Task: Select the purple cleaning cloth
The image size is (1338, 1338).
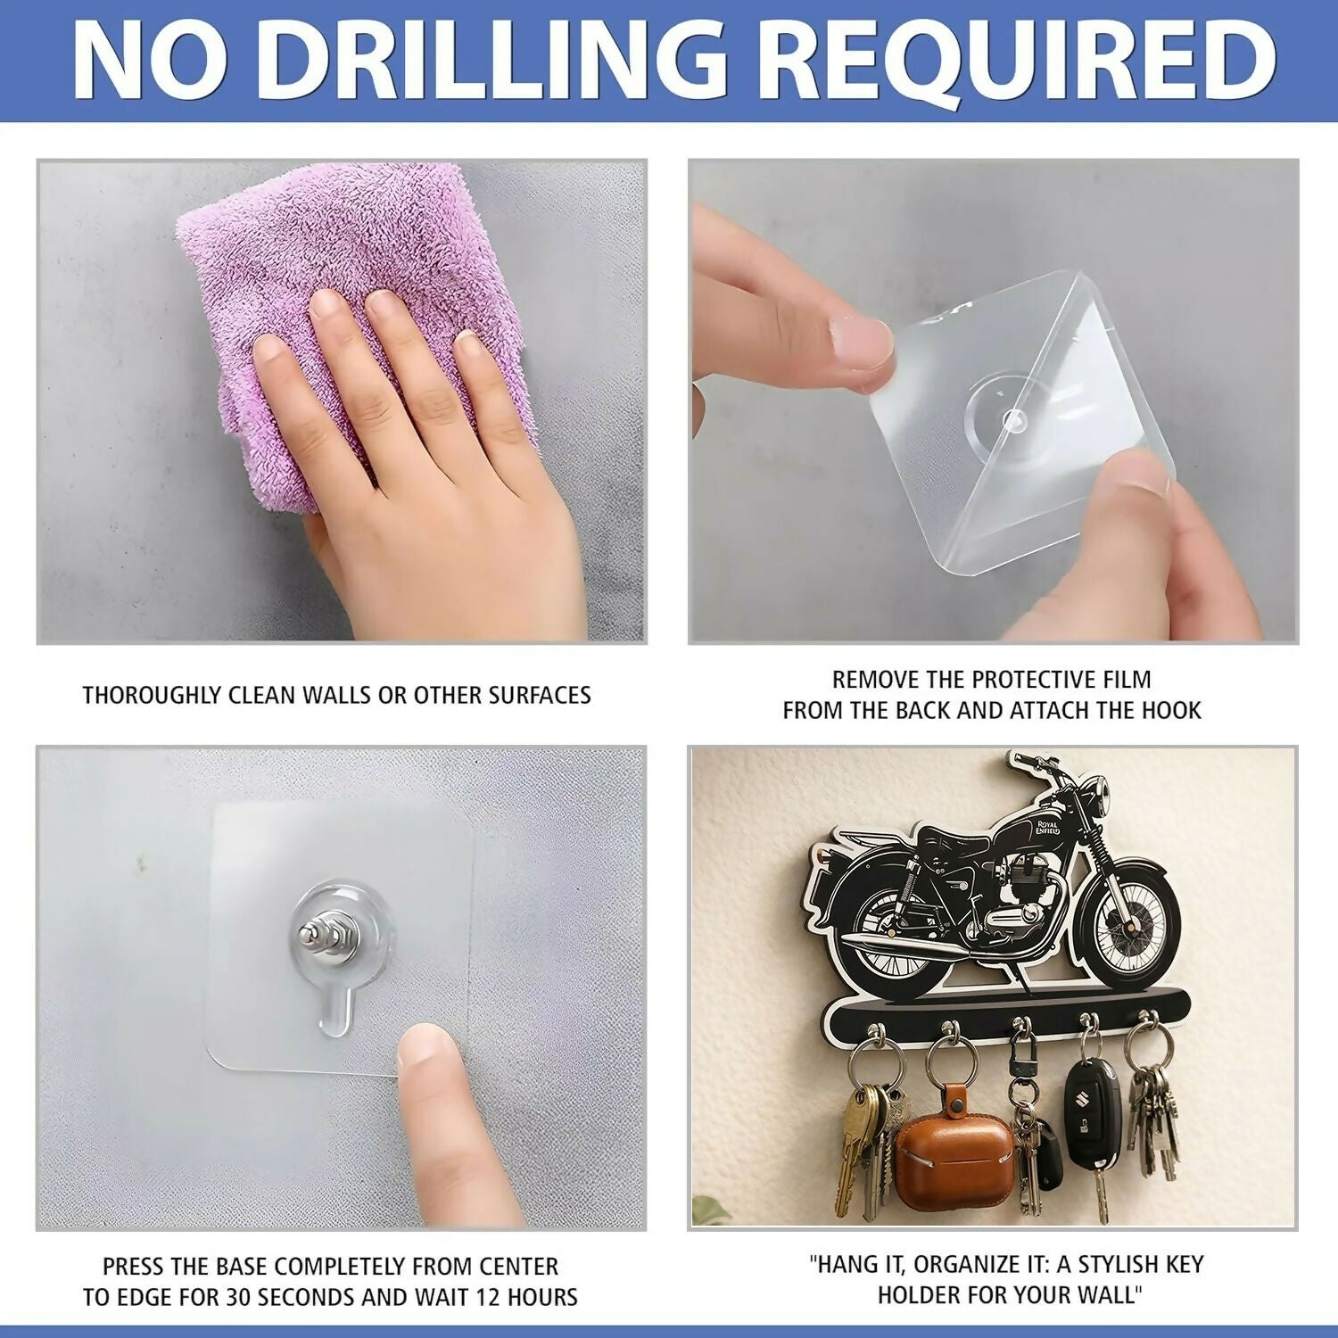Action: coord(357,330)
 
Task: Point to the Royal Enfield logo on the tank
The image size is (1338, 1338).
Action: coord(1047,827)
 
